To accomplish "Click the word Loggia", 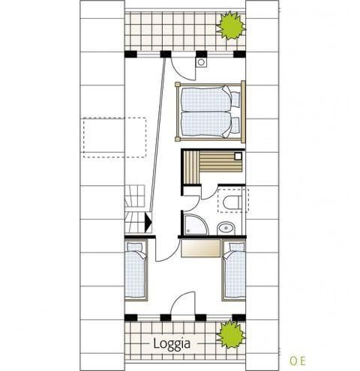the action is [x=172, y=344].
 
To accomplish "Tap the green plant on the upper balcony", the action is [x=231, y=25].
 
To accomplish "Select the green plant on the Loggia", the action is [x=231, y=334].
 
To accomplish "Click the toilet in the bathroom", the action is [x=232, y=202].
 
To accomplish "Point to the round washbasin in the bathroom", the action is [x=226, y=228].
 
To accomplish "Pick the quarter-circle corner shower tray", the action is [x=196, y=224].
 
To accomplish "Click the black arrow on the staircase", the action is [x=148, y=221].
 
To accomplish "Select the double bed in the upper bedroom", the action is [x=211, y=112].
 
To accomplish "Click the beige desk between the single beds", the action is [x=200, y=248].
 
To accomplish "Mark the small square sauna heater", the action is [x=238, y=157].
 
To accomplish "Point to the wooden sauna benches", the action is [x=213, y=166].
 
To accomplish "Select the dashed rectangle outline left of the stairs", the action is [x=115, y=138].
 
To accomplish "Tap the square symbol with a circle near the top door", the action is [x=201, y=62].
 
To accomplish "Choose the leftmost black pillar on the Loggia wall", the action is [x=130, y=318].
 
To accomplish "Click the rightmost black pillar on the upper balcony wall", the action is [x=239, y=54].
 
